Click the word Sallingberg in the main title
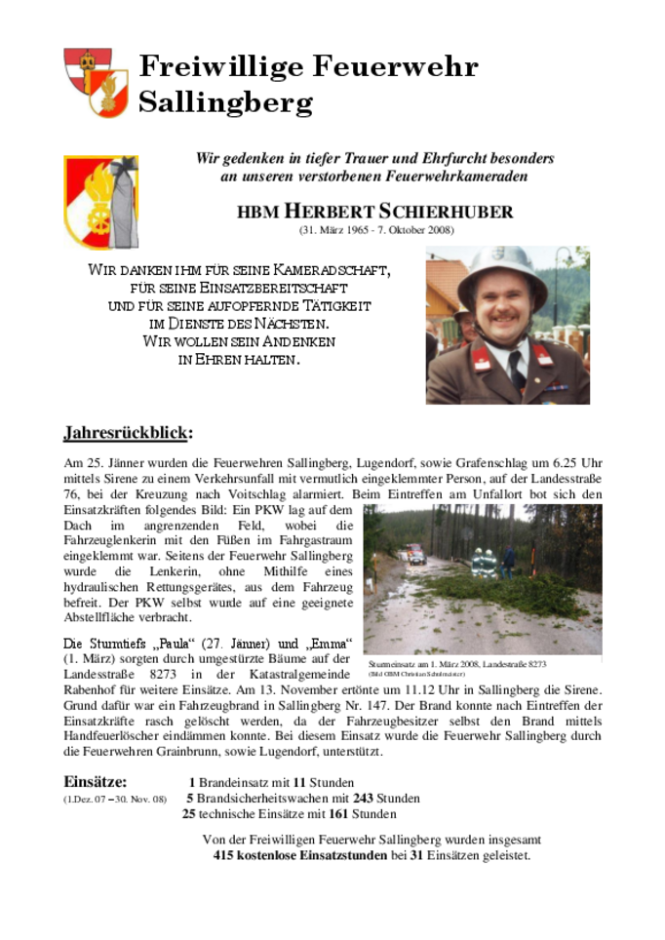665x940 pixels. point(225,101)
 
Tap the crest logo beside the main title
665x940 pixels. point(96,82)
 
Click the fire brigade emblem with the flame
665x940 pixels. point(100,202)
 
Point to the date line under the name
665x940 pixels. point(375,230)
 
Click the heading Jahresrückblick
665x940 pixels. point(128,432)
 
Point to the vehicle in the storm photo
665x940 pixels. point(416,555)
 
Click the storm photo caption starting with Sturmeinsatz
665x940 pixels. point(457,664)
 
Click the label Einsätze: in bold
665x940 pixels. point(95,782)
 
